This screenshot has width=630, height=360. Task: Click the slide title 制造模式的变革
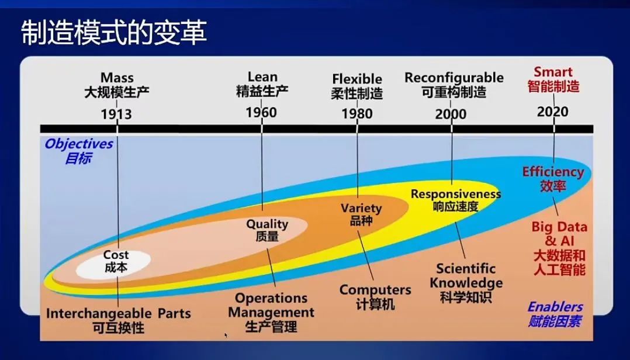click(114, 33)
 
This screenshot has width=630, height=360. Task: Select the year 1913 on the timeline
click(116, 114)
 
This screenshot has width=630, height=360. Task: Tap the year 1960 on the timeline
click(261, 112)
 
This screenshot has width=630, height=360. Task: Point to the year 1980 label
click(356, 114)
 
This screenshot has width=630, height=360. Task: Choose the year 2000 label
click(451, 114)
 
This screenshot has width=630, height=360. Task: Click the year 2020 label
click(553, 112)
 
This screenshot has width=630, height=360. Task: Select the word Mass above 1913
click(117, 78)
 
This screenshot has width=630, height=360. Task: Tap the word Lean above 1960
click(262, 77)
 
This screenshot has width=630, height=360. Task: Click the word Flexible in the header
click(357, 79)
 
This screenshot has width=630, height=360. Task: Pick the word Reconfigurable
click(454, 78)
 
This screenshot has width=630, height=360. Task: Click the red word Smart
click(553, 72)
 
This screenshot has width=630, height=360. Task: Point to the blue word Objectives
click(79, 144)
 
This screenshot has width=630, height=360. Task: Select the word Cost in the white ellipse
click(116, 255)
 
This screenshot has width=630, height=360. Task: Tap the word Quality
click(267, 224)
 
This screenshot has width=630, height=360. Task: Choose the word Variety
click(361, 208)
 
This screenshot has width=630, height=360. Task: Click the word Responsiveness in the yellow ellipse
click(456, 194)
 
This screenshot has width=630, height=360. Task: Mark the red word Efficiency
click(553, 172)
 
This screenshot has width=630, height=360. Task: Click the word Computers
click(375, 290)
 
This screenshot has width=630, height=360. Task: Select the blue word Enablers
click(555, 307)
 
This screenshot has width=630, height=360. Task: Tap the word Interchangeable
click(94, 314)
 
